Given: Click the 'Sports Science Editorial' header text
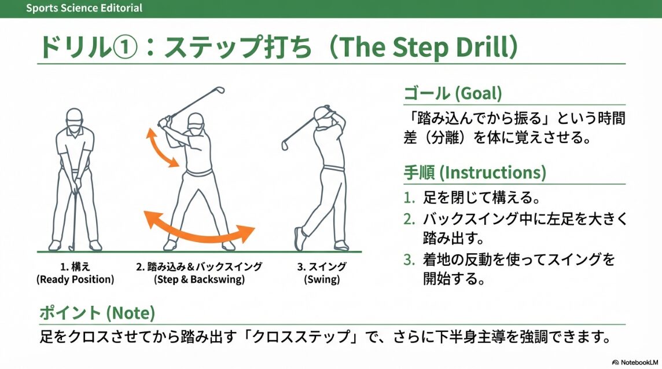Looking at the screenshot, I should click(84, 8).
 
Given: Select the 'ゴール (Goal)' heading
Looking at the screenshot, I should click(452, 93).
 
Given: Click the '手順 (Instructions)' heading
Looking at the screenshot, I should click(475, 172).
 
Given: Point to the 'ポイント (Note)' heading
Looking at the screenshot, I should click(97, 313).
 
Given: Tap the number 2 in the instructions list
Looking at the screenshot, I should click(409, 220).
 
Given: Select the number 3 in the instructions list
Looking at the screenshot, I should click(409, 259).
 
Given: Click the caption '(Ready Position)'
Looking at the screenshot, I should click(75, 279).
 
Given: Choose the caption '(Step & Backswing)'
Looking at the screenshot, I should click(199, 279).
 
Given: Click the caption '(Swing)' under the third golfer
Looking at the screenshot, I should click(322, 279).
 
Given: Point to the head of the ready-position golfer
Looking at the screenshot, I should click(74, 116).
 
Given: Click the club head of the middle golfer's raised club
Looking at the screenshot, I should click(219, 90).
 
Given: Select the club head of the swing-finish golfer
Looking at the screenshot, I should click(285, 145).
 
